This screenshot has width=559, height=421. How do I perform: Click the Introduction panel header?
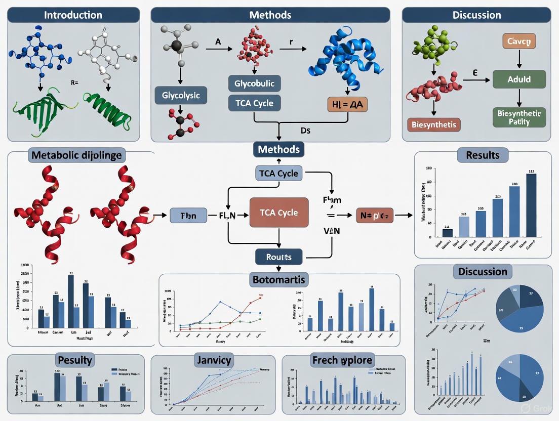tap(73, 15)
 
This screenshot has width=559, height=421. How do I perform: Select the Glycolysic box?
tap(181, 96)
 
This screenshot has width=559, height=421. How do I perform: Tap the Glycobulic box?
tap(254, 83)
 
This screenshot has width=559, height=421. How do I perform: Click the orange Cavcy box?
tap(518, 41)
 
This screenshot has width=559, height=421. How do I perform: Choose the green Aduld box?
tap(519, 79)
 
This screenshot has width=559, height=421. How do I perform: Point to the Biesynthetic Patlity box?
tap(519, 116)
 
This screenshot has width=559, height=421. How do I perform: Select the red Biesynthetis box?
tap(434, 124)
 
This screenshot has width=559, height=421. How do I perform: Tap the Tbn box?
tap(188, 216)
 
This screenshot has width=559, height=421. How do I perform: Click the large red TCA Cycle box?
tap(279, 213)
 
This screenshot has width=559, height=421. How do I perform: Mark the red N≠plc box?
tap(374, 216)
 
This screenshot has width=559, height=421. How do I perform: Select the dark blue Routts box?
tap(279, 257)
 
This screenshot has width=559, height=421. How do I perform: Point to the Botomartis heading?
tap(279, 279)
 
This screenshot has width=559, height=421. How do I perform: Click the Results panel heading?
tap(483, 154)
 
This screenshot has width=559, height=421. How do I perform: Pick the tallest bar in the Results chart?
tap(531, 205)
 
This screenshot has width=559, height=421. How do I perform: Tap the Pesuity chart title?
tap(75, 360)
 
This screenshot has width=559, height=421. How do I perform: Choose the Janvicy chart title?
tap(213, 360)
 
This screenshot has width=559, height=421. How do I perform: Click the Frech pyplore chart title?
tap(342, 360)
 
